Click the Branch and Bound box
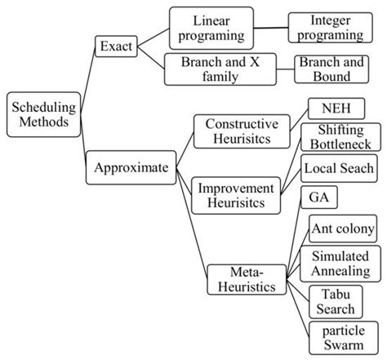click(x=335, y=69)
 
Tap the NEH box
click(x=336, y=109)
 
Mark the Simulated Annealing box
click(x=341, y=263)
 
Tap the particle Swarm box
click(x=336, y=338)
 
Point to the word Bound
click(x=335, y=78)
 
